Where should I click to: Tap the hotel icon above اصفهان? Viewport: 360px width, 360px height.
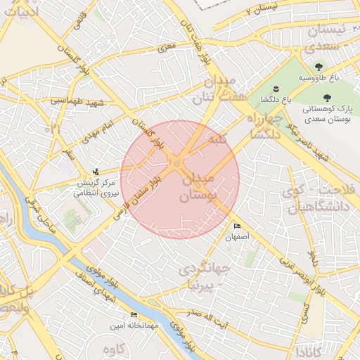pos(237,226)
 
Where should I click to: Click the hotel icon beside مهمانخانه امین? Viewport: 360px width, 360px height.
pos(134,314)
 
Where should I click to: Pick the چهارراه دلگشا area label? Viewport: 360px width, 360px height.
pos(263,126)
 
